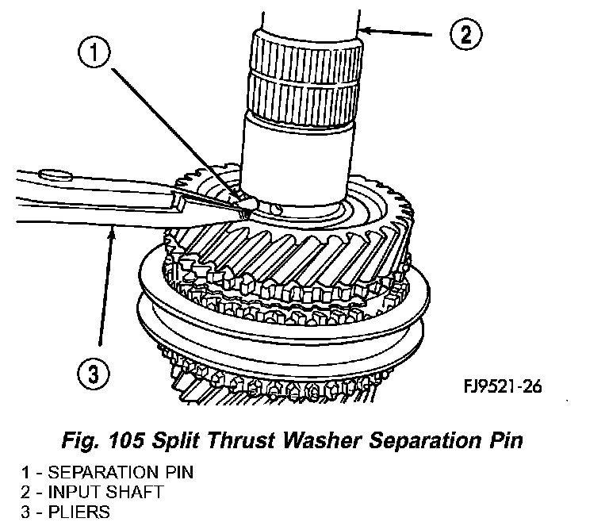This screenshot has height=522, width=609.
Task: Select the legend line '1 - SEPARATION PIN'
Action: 107,473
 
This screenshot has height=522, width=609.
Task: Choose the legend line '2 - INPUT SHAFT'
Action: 93,492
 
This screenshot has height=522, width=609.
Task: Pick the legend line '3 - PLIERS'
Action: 66,511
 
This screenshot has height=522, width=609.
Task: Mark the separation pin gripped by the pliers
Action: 244,205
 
